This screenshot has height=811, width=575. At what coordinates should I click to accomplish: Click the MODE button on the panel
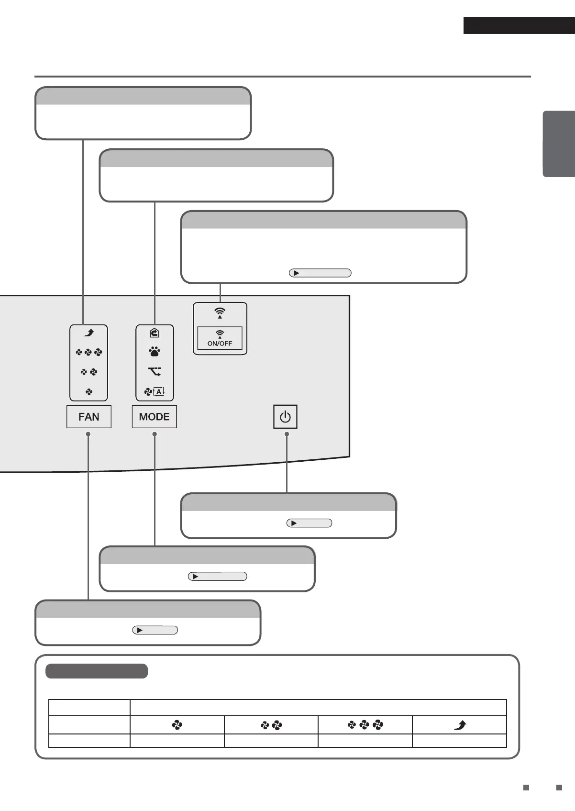[x=154, y=417]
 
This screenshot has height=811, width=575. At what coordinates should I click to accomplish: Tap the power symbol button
[x=285, y=417]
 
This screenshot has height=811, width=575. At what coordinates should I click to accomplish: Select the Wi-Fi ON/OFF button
[x=220, y=338]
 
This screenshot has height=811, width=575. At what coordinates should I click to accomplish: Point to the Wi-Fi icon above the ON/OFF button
[x=220, y=313]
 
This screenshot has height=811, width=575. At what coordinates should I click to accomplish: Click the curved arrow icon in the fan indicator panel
[x=89, y=333]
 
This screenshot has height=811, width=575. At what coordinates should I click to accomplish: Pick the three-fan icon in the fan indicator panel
[x=89, y=353]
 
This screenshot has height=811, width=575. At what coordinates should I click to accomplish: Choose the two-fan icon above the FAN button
[x=89, y=372]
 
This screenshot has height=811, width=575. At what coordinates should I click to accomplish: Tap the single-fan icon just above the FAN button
[x=89, y=392]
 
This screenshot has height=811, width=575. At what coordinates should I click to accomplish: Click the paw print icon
[x=154, y=352]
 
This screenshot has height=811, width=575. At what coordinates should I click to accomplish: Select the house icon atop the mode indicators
[x=154, y=333]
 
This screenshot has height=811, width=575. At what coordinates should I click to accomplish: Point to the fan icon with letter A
[x=154, y=392]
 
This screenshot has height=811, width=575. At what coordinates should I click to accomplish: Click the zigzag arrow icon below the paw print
[x=154, y=371]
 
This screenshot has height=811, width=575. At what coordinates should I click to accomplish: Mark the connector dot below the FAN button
[x=88, y=434]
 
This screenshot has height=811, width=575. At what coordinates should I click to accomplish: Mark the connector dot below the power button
[x=287, y=434]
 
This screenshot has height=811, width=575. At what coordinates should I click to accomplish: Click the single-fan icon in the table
[x=177, y=726]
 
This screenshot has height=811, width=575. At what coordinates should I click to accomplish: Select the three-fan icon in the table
[x=365, y=725]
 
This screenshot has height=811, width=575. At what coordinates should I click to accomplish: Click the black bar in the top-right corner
[x=519, y=26]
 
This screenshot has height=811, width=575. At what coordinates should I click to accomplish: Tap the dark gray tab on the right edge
[x=558, y=144]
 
